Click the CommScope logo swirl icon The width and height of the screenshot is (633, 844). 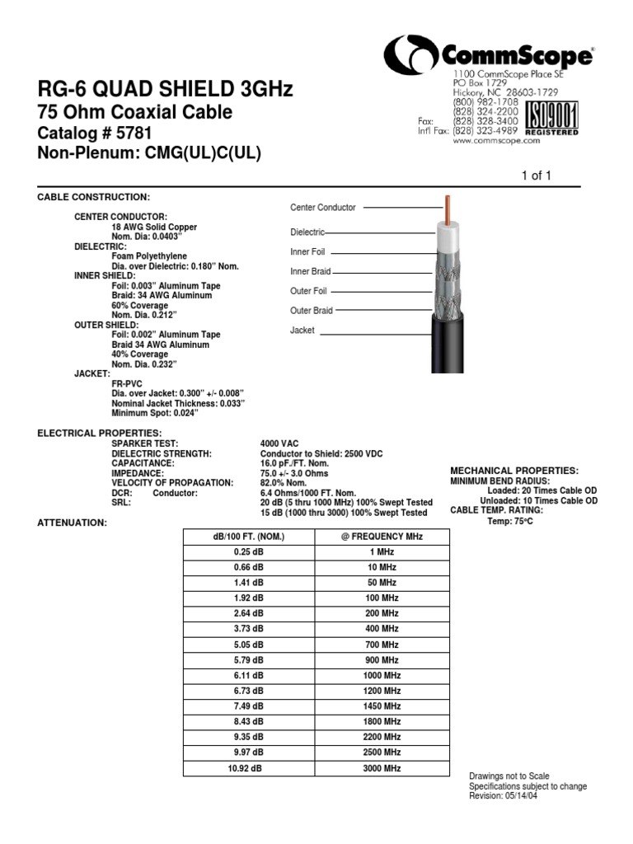click(411, 57)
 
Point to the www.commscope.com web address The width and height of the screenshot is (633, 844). click(496, 141)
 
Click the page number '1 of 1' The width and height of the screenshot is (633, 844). click(536, 175)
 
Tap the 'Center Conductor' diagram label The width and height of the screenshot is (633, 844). click(325, 209)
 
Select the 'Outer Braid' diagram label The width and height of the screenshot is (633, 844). click(312, 311)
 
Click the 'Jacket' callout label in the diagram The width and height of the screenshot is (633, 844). click(302, 331)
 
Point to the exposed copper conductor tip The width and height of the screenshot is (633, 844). click(448, 209)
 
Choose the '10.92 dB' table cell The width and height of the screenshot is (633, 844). click(248, 767)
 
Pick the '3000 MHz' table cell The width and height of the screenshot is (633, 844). click(382, 767)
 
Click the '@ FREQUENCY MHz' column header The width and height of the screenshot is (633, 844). click(382, 537)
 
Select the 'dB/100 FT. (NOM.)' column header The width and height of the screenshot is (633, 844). click(248, 537)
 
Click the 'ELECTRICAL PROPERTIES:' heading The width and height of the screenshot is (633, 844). click(100, 433)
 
